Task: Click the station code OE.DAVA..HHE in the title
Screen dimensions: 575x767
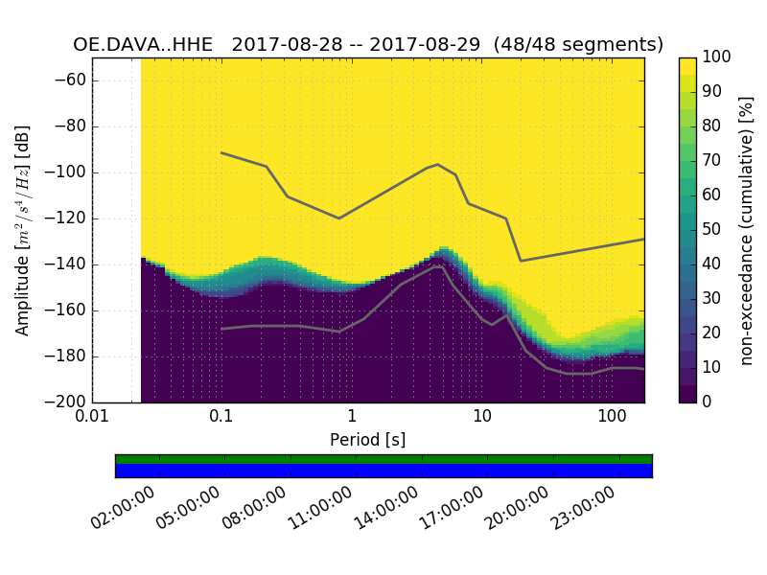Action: click(x=143, y=45)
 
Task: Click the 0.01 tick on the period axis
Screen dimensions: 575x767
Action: click(x=92, y=417)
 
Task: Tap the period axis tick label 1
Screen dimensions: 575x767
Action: click(x=352, y=417)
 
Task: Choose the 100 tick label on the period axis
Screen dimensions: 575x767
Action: click(x=612, y=417)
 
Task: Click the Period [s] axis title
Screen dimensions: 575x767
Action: click(x=368, y=439)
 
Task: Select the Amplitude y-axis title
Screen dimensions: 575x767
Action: click(x=23, y=230)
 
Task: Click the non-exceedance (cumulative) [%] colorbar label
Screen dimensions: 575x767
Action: click(x=747, y=230)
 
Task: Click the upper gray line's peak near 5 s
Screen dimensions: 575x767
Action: click(x=438, y=164)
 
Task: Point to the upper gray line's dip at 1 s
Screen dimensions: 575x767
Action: click(x=338, y=218)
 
